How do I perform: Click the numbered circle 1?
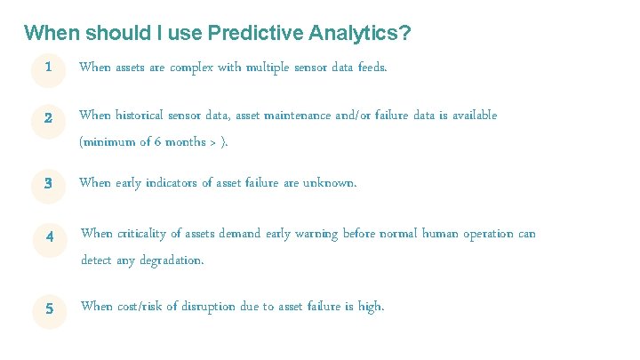[48, 68]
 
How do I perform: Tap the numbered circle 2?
[48, 117]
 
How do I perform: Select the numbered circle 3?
[48, 184]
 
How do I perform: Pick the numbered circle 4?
[50, 236]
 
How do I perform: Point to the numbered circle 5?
[50, 308]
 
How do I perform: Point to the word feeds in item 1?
[371, 68]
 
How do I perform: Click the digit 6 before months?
[155, 142]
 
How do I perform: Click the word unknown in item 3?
[330, 183]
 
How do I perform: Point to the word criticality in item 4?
[146, 234]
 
